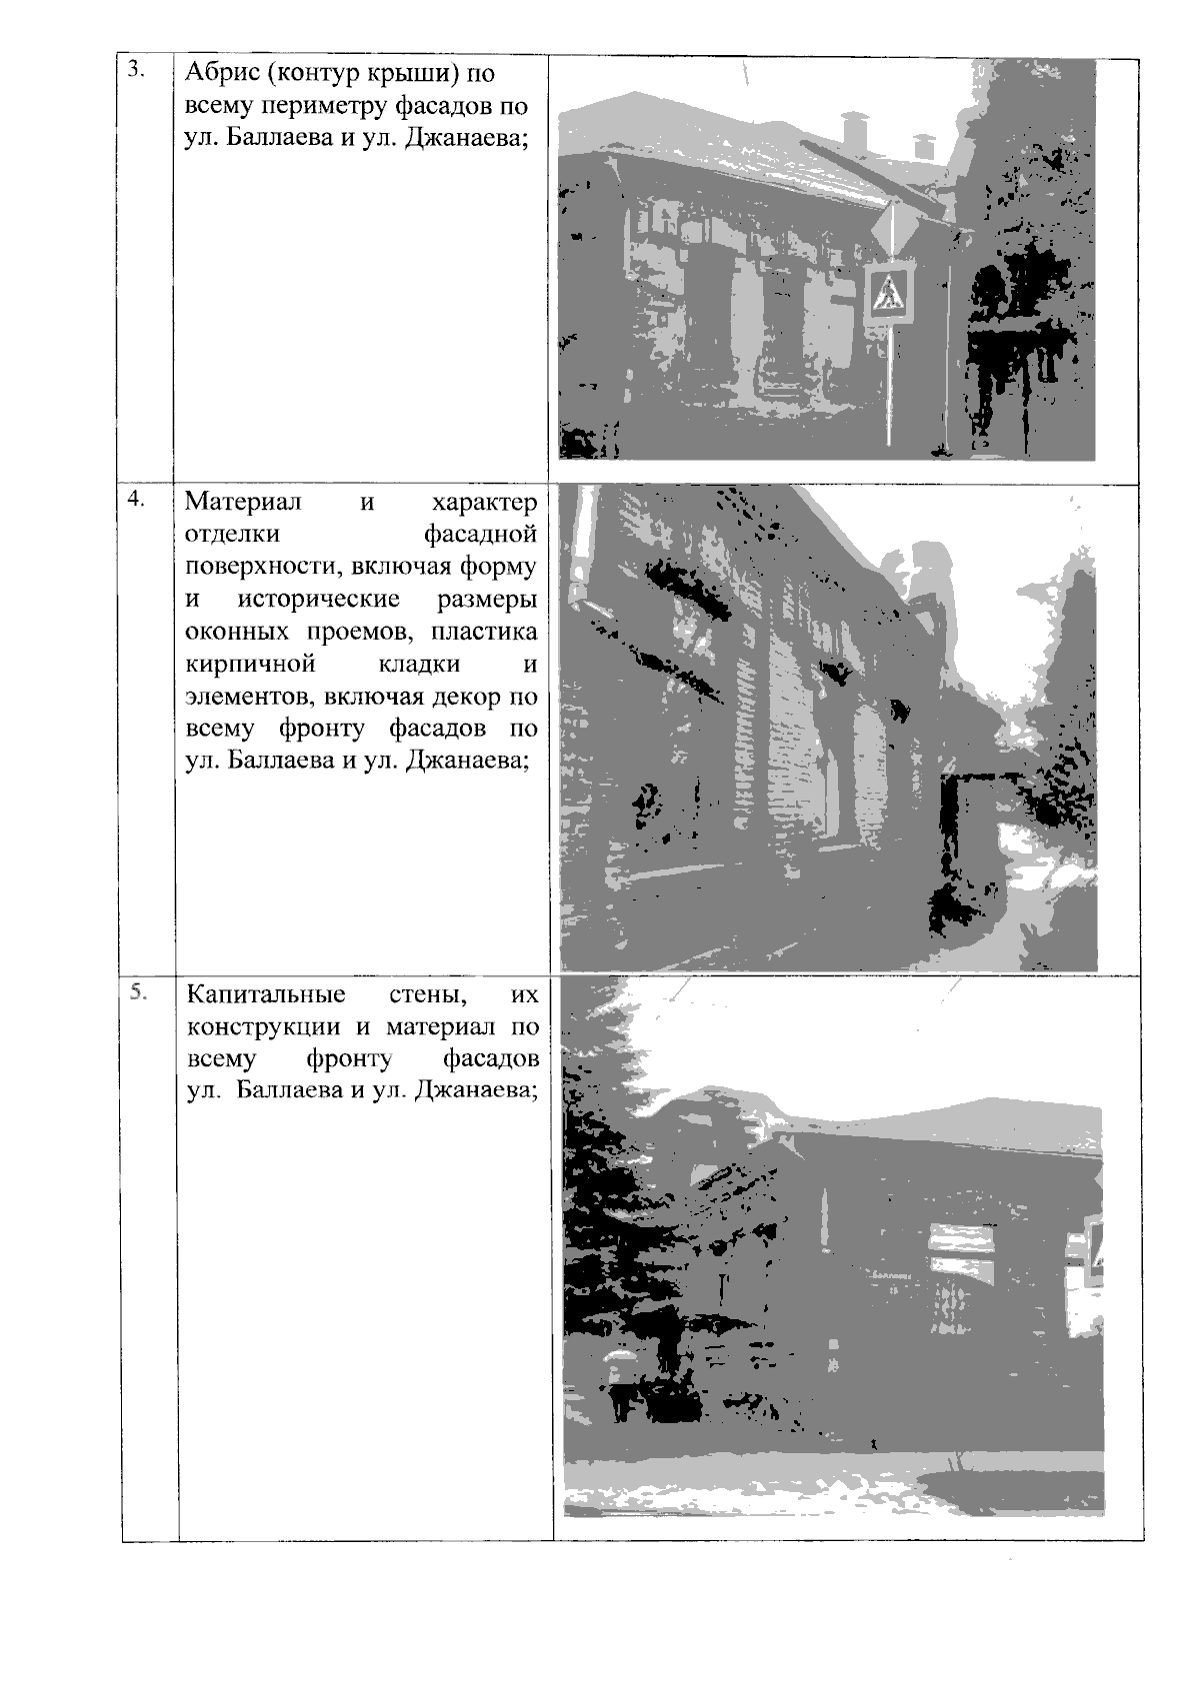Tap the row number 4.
tap(137, 499)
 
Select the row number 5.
tap(138, 992)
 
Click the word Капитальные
tap(266, 995)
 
